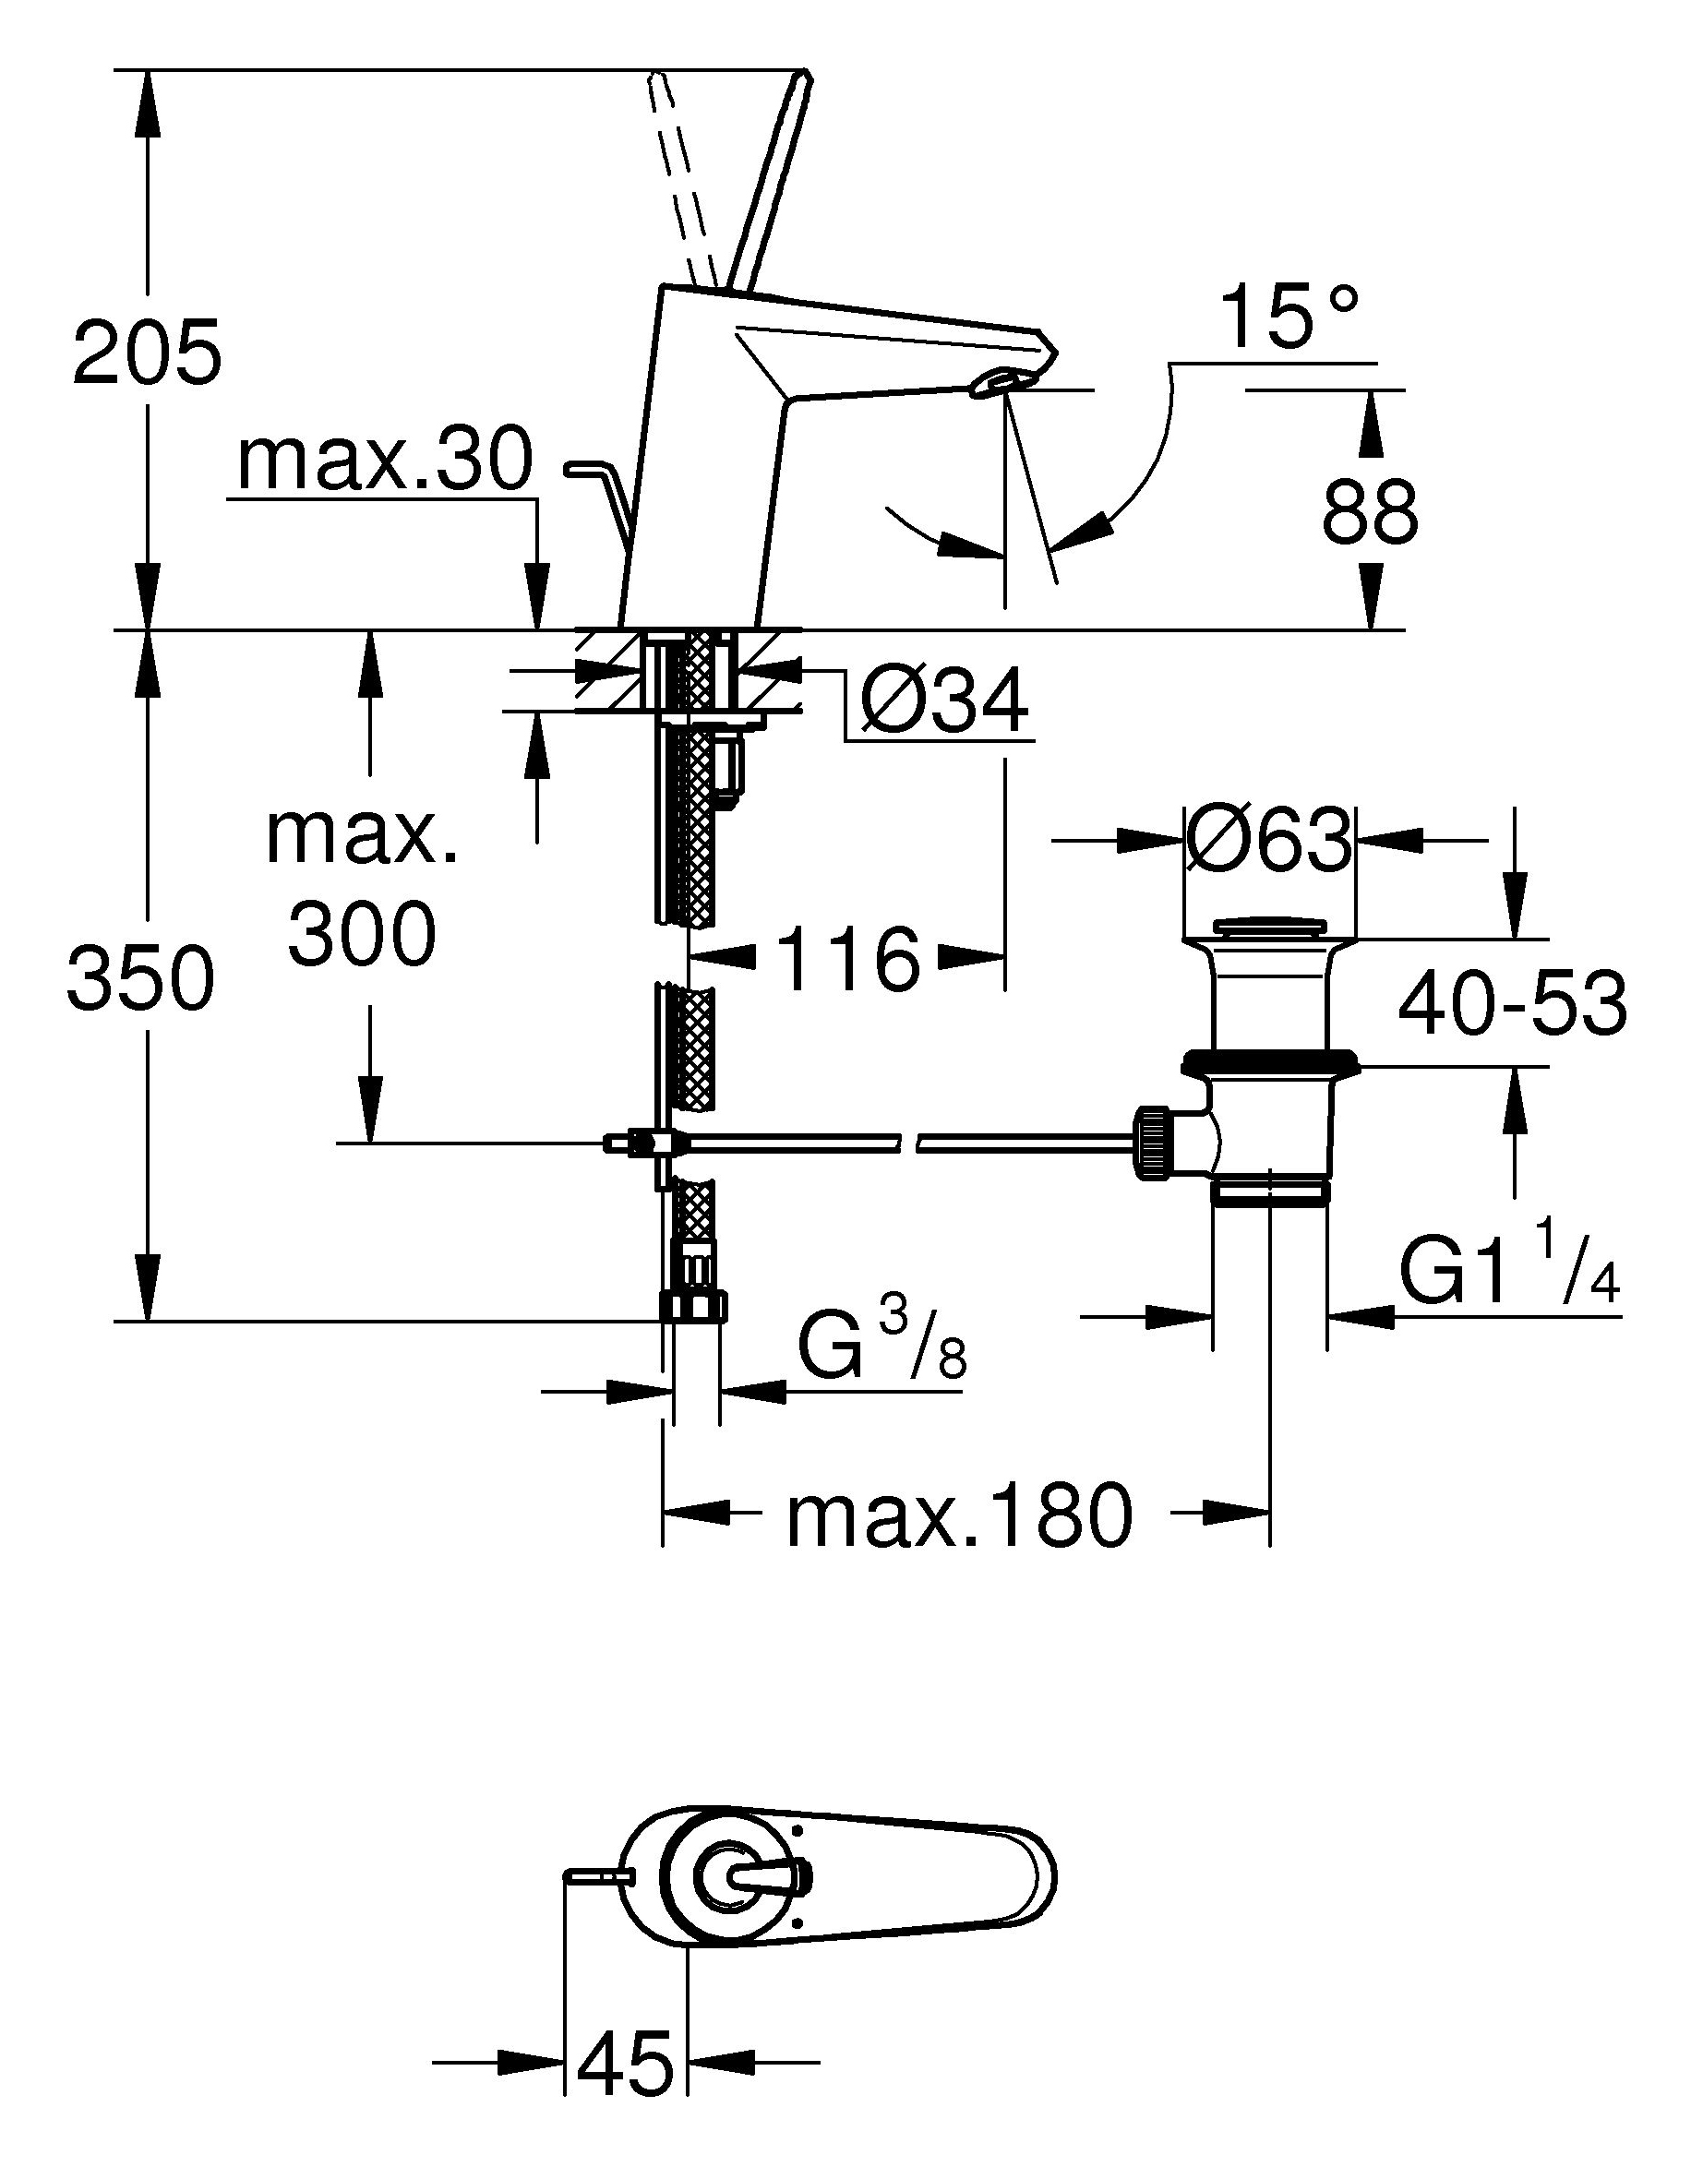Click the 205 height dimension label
[x=147, y=353]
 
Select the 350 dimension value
[x=141, y=977]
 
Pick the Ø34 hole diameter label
[x=943, y=703]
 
